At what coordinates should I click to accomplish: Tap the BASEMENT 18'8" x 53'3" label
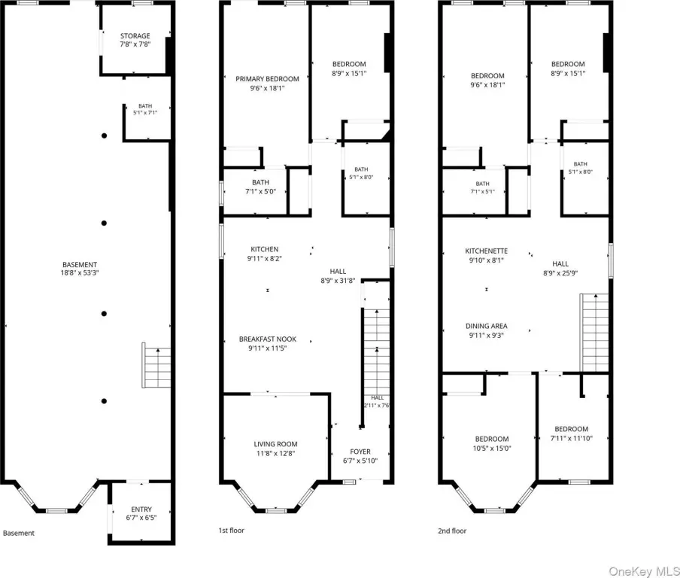coord(80,269)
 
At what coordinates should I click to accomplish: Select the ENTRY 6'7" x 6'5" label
coord(141,513)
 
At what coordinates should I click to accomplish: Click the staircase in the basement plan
coord(156,365)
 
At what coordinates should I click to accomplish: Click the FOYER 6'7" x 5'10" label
coord(360,456)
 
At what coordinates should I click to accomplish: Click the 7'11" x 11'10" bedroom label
coord(571,433)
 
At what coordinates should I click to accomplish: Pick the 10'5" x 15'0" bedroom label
coord(492,443)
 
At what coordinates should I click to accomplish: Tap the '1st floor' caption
coord(231,531)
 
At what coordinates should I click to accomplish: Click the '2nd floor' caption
coord(452,531)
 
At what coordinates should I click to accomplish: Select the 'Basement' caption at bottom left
coord(19,533)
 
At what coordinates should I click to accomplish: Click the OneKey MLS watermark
coord(644,571)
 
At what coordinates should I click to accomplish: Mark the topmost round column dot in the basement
coord(104,135)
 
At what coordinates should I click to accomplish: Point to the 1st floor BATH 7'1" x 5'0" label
coord(260,187)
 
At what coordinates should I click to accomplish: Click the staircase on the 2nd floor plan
coord(594,333)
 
